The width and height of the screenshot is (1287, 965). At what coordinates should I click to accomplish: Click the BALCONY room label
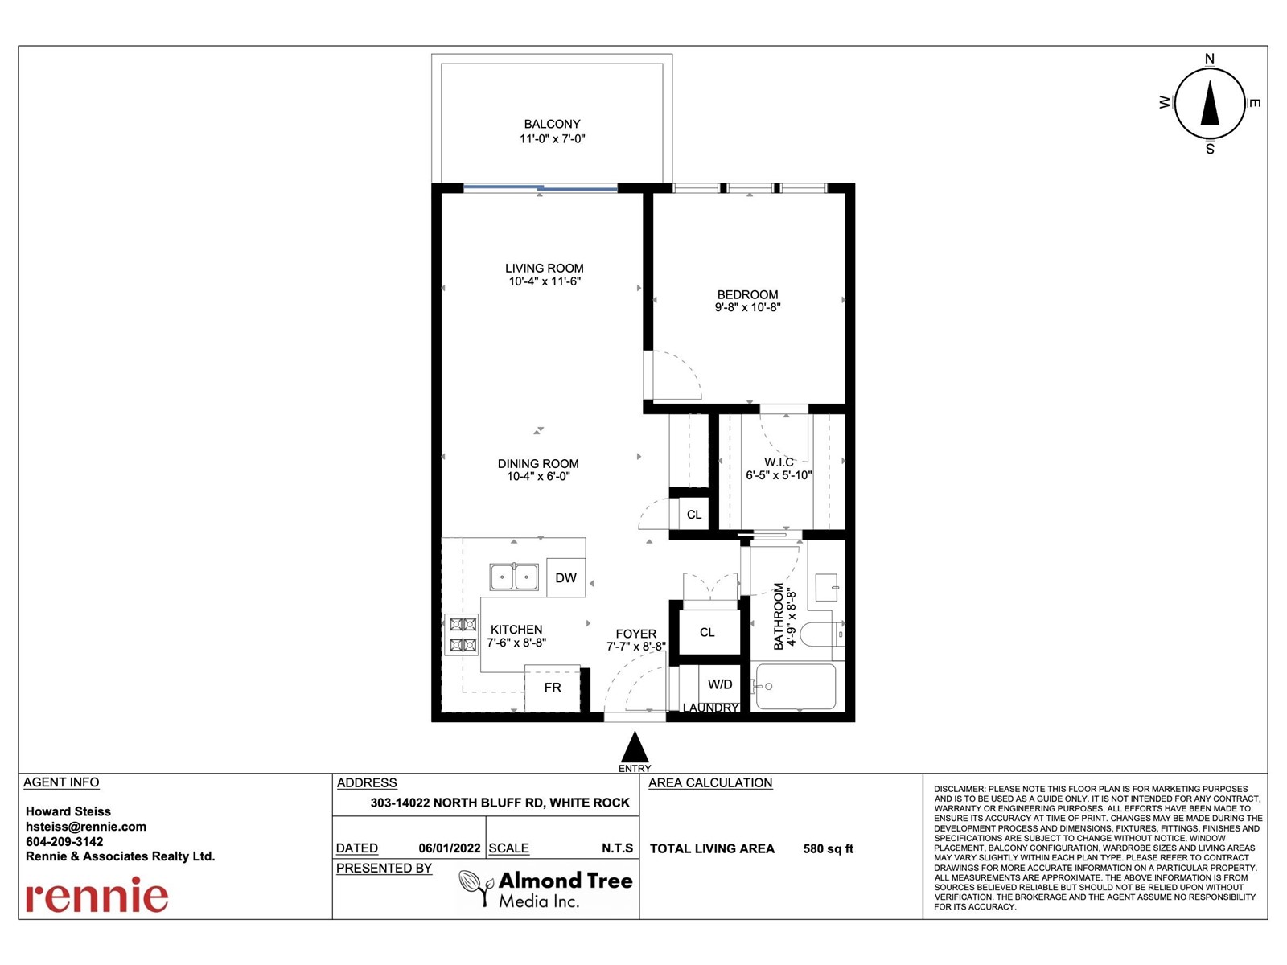tap(552, 124)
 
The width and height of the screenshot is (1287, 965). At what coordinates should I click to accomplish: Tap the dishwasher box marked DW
tap(565, 577)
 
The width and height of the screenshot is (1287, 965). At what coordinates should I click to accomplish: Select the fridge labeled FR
tap(553, 688)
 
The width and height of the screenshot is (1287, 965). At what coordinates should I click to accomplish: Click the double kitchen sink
tap(514, 577)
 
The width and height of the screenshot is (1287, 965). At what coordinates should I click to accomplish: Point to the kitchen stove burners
tap(463, 634)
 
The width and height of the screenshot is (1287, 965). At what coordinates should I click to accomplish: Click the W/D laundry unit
tap(719, 684)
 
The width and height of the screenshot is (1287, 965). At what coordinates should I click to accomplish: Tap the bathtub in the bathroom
tap(796, 686)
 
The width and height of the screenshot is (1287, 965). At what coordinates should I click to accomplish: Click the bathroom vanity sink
tap(827, 587)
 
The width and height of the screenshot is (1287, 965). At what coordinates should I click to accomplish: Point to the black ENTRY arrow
tap(635, 747)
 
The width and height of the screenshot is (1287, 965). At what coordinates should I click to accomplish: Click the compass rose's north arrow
tap(1210, 103)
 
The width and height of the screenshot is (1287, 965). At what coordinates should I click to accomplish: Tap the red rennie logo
tap(97, 895)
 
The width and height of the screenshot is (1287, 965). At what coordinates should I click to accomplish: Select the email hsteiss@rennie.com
tap(85, 827)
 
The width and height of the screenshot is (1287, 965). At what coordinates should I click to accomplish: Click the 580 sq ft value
tap(828, 848)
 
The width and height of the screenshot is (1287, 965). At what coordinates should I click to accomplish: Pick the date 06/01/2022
tap(449, 848)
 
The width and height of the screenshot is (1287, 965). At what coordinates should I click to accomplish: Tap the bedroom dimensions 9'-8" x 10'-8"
tap(747, 307)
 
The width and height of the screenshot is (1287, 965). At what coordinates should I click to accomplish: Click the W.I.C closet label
tap(779, 462)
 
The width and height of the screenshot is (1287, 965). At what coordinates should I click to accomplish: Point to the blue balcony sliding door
tap(540, 188)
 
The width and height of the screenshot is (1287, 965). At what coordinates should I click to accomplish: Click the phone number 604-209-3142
tap(64, 841)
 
